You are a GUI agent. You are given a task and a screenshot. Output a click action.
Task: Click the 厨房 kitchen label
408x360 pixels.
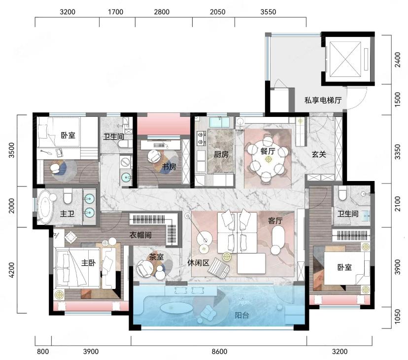click(221, 155)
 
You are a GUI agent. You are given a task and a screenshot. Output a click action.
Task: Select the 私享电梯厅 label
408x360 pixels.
click(323, 100)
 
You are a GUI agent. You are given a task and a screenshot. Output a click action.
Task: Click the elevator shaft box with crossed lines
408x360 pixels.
click(345, 59)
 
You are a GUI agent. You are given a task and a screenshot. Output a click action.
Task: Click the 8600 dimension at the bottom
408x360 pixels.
click(219, 352)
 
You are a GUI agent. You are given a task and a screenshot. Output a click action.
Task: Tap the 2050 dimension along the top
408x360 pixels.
click(217, 12)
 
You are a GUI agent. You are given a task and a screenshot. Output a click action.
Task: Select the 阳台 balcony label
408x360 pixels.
click(242, 316)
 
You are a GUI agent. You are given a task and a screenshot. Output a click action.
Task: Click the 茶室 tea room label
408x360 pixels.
click(156, 257)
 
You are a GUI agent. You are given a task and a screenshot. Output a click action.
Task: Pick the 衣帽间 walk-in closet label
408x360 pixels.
click(140, 235)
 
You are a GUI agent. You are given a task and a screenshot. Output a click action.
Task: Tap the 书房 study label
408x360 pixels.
click(169, 167)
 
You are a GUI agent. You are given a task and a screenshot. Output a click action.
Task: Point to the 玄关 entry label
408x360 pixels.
click(319, 154)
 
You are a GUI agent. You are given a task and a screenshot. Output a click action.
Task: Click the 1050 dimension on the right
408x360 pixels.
click(398, 317)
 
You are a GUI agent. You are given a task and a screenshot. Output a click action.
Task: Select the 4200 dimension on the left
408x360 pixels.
click(12, 270)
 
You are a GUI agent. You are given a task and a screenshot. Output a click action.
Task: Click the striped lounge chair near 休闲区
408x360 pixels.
click(219, 268)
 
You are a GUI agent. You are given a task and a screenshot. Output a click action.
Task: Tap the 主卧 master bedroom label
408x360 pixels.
click(89, 262)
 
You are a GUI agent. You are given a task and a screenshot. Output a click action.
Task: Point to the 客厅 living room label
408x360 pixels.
click(275, 221)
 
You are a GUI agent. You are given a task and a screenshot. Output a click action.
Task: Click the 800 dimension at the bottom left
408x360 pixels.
click(43, 352)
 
